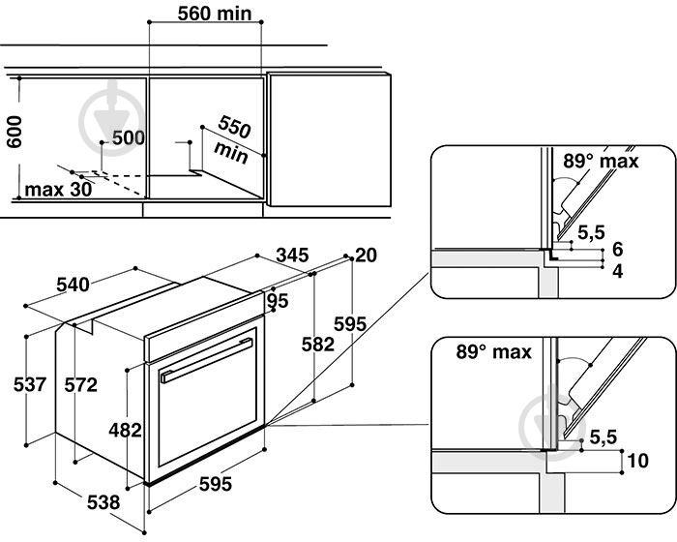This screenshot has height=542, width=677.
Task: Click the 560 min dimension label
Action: pyautogui.click(x=215, y=14)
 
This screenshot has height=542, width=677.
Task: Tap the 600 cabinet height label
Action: pyautogui.click(x=15, y=132)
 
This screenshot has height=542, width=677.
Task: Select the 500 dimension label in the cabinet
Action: pyautogui.click(x=129, y=137)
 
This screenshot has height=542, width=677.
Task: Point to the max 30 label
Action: pyautogui.click(x=58, y=190)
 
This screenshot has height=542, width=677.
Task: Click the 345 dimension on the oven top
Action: pyautogui.click(x=292, y=255)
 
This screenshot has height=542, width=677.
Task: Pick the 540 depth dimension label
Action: pyautogui.click(x=73, y=285)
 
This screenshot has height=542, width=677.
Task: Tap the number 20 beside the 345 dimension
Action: pyautogui.click(x=366, y=255)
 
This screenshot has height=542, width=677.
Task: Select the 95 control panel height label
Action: pyautogui.click(x=278, y=300)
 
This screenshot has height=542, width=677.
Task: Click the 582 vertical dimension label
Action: pyautogui.click(x=318, y=344)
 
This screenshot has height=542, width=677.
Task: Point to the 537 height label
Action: pyautogui.click(x=29, y=384)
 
